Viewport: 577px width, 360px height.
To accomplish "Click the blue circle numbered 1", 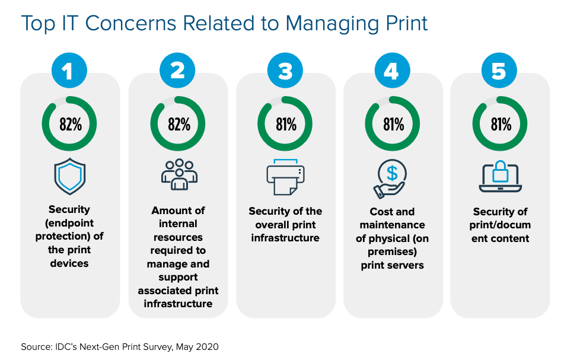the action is pyautogui.click(x=69, y=71).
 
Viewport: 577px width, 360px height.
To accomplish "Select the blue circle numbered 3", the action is pyautogui.click(x=285, y=71).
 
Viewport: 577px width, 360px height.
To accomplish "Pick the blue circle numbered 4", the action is pyautogui.click(x=392, y=71).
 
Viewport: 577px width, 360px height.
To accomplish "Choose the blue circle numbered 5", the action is pyautogui.click(x=499, y=71).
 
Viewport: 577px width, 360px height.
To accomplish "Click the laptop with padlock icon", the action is pyautogui.click(x=499, y=176).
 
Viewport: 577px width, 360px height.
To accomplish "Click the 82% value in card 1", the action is pyautogui.click(x=69, y=125).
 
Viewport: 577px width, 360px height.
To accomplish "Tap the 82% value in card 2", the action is pyautogui.click(x=178, y=125).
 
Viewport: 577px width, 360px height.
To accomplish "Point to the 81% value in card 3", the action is pyautogui.click(x=285, y=125).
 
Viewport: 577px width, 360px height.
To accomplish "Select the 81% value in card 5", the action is pyautogui.click(x=499, y=125).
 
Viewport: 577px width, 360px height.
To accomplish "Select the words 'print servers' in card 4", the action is pyautogui.click(x=392, y=265).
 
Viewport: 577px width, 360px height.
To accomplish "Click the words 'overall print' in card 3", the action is pyautogui.click(x=285, y=225).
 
